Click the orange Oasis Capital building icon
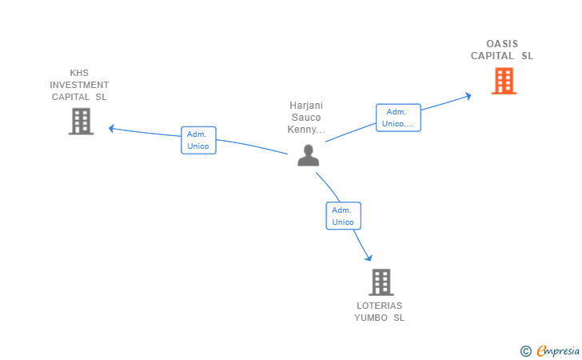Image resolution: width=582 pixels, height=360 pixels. coord(504,81)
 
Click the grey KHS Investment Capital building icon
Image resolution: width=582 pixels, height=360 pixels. coord(81,121)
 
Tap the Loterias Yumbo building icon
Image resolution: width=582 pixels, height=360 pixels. coord(381,282)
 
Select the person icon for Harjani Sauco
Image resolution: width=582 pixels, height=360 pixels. coord(308,155)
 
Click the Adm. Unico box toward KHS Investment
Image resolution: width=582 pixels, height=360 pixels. coord(198,140)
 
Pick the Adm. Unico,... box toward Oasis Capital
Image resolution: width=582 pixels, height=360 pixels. coord(398,118)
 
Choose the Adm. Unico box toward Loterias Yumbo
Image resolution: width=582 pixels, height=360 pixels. coord(343,216)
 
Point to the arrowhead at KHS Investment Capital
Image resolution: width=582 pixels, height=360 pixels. coord(111,129)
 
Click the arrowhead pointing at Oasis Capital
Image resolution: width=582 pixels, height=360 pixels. coord(468,96)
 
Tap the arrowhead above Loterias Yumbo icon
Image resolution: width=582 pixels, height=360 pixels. coord(369,258)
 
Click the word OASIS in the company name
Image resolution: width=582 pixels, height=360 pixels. coord(502,44)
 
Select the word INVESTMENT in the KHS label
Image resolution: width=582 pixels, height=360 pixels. coord(79,85)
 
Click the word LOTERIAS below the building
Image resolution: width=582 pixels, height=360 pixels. coord(379,306)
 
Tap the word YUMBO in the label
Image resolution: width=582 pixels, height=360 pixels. coord(371,318)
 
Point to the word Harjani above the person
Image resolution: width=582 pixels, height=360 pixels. coord(306,106)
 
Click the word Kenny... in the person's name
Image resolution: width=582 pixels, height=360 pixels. coord(306,130)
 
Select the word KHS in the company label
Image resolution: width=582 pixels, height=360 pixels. coord(79,73)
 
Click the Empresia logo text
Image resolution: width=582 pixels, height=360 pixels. coord(558,350)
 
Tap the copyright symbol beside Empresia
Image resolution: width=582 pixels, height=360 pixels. coord(526,351)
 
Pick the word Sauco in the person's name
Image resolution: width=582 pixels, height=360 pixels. coord(306,118)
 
